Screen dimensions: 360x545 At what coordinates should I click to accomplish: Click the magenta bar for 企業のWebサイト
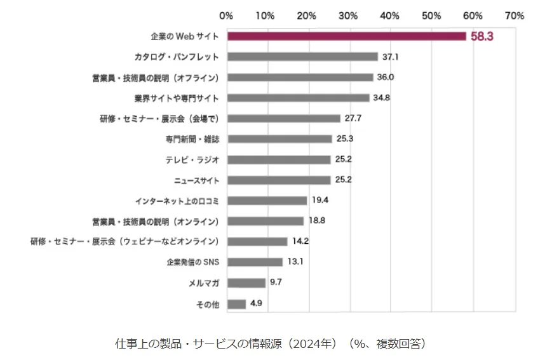(x=346, y=36)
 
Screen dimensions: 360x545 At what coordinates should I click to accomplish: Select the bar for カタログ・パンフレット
(x=302, y=57)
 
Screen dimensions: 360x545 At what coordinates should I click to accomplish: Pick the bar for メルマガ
(x=246, y=283)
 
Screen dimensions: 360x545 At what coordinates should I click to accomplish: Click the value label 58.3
(x=482, y=37)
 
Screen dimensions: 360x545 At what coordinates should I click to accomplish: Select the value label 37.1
(x=390, y=57)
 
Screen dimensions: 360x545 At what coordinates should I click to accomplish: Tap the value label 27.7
(x=354, y=118)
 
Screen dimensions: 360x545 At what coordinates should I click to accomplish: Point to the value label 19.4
(x=320, y=201)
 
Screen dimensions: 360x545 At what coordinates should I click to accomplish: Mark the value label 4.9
(x=257, y=303)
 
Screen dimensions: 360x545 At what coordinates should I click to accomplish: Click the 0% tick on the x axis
(x=225, y=15)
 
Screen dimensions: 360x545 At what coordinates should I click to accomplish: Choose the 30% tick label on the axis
(x=349, y=15)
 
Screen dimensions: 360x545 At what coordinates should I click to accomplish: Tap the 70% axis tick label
(x=514, y=15)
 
